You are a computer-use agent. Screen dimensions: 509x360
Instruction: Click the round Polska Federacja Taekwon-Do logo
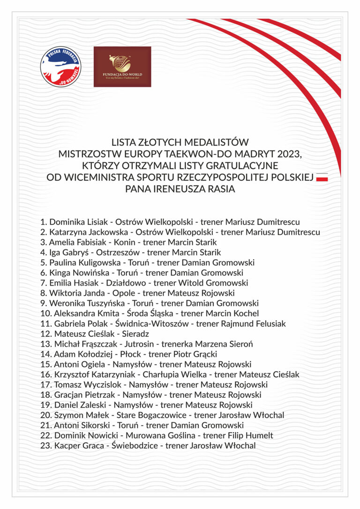point(60,66)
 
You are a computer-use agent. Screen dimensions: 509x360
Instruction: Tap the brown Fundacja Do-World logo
point(122,66)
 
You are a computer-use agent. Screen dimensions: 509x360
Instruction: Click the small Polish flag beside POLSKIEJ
point(322,178)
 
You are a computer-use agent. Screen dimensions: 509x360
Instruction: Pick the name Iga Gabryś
point(69,252)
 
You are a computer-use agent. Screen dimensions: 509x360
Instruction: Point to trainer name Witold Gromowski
point(213,283)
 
